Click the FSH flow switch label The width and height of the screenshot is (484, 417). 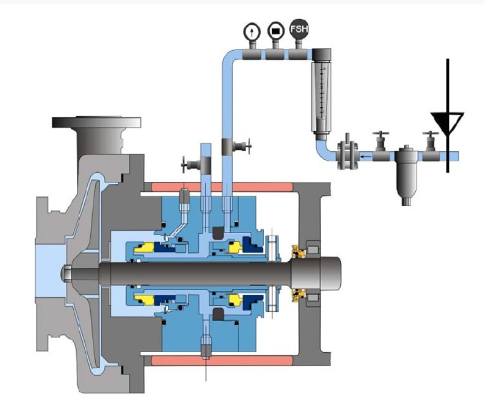click(299, 29)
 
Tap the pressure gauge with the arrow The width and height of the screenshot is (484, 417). click(252, 31)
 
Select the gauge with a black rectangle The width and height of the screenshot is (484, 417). click(276, 31)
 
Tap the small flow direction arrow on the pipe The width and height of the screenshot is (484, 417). click(366, 156)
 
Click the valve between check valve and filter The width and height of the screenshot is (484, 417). click(381, 145)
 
